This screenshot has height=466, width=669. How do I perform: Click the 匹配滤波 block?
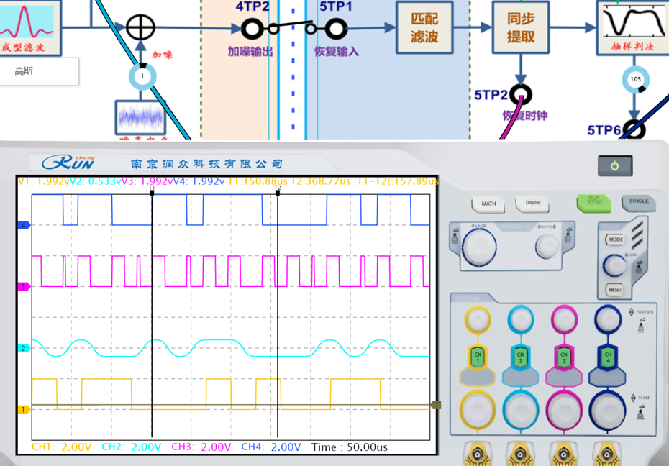(x=424, y=27)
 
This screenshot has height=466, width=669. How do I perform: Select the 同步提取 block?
(x=520, y=27)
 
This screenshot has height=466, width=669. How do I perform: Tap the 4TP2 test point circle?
(x=251, y=29)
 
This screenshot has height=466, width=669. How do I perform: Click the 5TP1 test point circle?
(x=336, y=29)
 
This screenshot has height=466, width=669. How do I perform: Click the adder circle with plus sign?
(x=140, y=27)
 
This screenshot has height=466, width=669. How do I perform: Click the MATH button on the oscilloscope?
(x=488, y=204)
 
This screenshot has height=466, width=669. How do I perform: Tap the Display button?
(x=533, y=203)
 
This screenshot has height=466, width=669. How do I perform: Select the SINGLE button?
(x=638, y=202)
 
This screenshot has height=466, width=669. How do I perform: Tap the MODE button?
(x=616, y=239)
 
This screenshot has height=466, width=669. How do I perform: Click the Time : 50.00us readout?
(x=350, y=447)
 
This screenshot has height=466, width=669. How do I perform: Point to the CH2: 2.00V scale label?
(x=132, y=447)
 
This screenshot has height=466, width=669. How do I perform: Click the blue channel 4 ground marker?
(x=23, y=225)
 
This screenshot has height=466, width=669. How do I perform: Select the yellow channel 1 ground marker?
(x=23, y=409)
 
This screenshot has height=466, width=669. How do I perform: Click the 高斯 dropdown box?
(x=39, y=71)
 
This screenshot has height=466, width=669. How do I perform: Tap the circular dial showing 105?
(x=634, y=80)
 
